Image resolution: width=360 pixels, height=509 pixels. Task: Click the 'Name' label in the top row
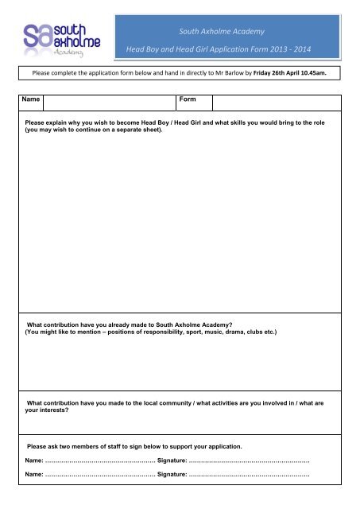32,101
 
